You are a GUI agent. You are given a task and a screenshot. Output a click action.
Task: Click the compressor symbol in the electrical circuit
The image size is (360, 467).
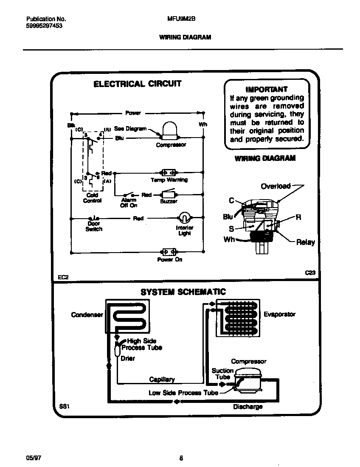click(169, 131)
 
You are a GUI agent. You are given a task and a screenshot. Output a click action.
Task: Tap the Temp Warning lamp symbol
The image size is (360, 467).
click(169, 173)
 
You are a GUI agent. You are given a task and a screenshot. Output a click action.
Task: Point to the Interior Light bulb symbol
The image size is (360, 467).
click(184, 218)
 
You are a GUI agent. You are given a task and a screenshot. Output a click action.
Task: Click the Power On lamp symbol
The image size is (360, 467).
click(169, 252)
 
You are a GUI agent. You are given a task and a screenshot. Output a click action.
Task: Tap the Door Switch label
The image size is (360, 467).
click(94, 226)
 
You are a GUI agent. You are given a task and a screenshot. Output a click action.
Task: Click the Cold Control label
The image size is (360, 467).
click(92, 198)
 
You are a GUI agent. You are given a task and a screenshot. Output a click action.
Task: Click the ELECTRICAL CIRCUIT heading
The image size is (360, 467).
click(137, 84)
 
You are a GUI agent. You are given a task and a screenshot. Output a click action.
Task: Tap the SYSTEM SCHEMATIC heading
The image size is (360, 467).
click(183, 292)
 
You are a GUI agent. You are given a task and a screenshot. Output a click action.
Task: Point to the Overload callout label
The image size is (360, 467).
click(276, 186)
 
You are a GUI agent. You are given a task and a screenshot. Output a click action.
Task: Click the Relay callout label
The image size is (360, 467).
click(305, 242)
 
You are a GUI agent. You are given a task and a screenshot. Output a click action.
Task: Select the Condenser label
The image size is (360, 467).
click(87, 315)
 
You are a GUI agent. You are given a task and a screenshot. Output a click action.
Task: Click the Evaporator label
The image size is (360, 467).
click(279, 315)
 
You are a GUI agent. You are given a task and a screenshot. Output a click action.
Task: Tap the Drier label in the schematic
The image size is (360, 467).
click(128, 358)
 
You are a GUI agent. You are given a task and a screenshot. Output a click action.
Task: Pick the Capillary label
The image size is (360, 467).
click(162, 380)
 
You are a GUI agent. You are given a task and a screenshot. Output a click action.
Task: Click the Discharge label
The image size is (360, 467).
click(247, 407)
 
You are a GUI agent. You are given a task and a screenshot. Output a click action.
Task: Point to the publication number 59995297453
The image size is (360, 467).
click(41, 25)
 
